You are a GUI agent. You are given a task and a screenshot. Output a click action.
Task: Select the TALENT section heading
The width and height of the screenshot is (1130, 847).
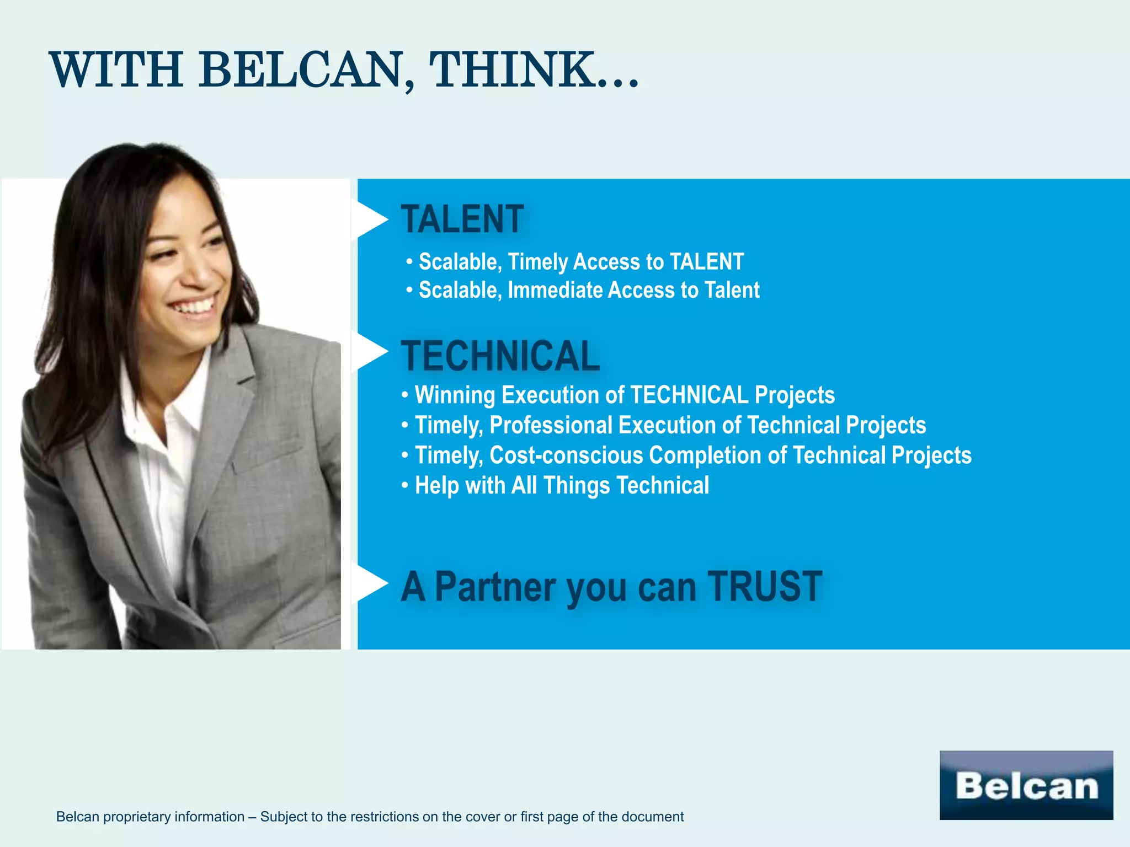pyautogui.click(x=462, y=219)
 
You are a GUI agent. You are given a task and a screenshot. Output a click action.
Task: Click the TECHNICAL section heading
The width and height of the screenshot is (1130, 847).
pyautogui.click(x=500, y=356)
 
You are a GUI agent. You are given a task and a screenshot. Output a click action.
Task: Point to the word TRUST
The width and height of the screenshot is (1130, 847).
pyautogui.click(x=765, y=587)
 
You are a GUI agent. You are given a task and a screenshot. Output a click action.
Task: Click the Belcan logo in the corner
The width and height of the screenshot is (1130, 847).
pyautogui.click(x=1026, y=785)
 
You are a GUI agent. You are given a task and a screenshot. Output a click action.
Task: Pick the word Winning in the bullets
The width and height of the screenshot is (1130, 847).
pyautogui.click(x=455, y=395)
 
